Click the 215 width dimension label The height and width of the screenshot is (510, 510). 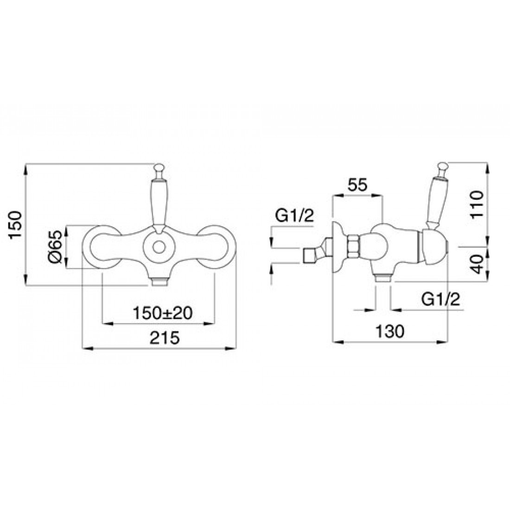pos(165,338)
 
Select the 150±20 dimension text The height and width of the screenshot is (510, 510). pos(163,313)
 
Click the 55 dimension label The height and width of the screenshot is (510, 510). pos(357,185)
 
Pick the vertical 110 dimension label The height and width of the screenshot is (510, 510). pos(477,205)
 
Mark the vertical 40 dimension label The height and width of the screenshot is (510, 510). pos(477,264)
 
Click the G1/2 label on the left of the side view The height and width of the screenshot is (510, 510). pos(295,216)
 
